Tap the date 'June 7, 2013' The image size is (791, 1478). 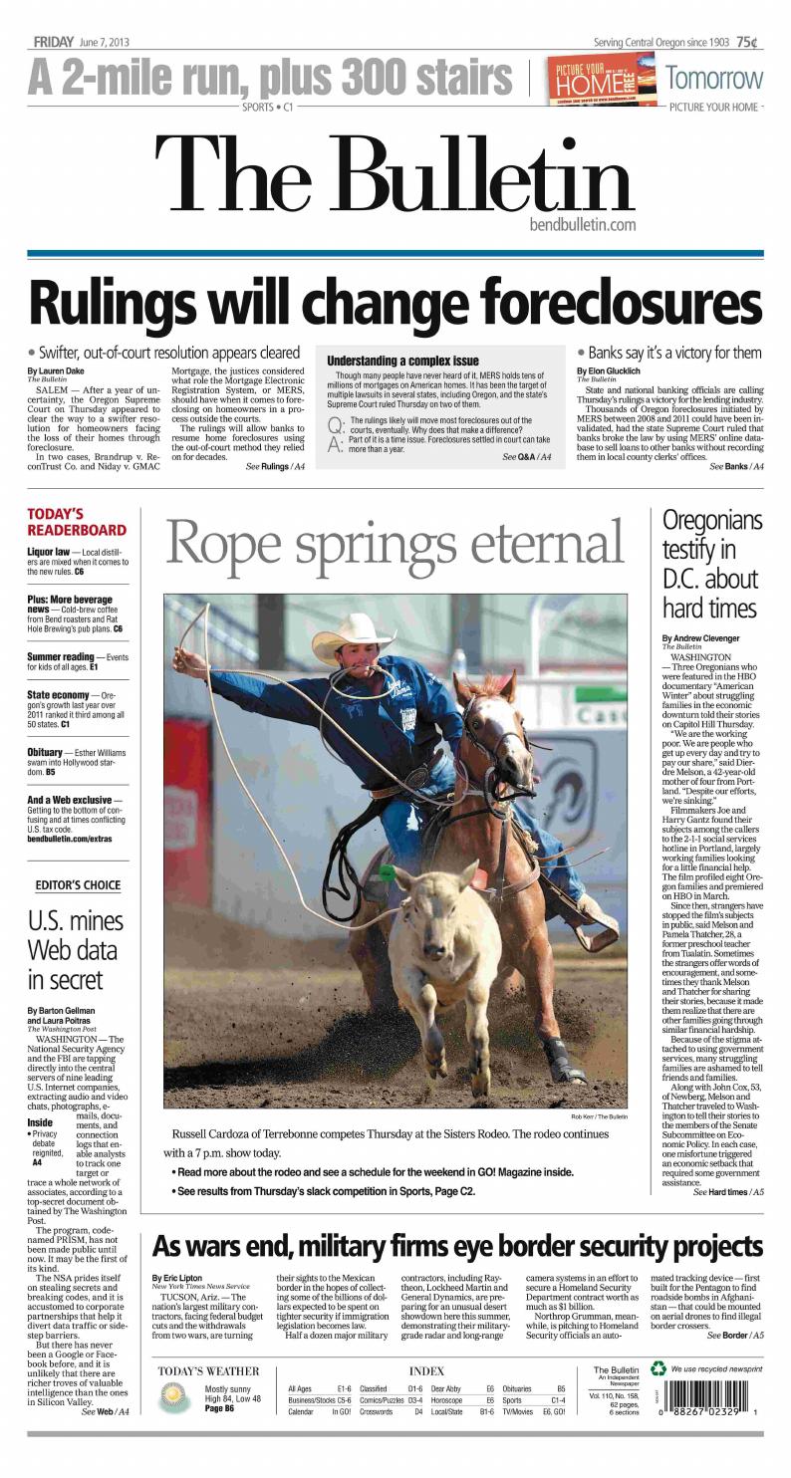tap(104, 42)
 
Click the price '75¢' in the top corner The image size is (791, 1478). tap(746, 42)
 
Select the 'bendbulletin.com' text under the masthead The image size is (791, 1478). tap(583, 225)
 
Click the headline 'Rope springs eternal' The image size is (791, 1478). tap(395, 544)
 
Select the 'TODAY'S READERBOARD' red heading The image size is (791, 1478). tap(76, 522)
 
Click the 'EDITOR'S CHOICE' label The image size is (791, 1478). tap(77, 884)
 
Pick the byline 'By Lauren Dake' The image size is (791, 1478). tap(55, 371)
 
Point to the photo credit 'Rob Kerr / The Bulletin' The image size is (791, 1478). tap(599, 1116)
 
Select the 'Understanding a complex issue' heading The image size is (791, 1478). tap(402, 360)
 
